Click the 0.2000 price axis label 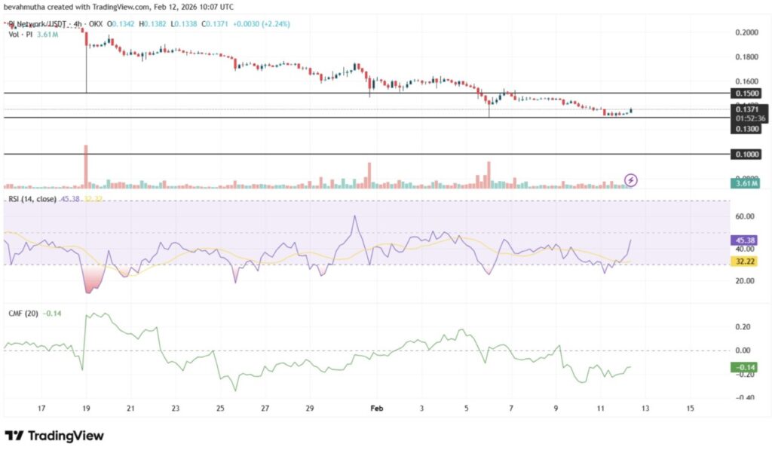tap(746, 32)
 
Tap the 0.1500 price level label tap(746, 93)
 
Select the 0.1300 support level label tap(746, 129)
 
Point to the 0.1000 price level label tap(746, 154)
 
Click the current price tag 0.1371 tap(746, 109)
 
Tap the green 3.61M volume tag tap(746, 183)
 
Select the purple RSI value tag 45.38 tap(746, 240)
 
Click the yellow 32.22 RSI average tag tap(746, 261)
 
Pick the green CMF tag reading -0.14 tap(746, 367)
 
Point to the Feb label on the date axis tap(378, 408)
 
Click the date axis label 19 tap(86, 408)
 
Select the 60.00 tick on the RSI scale tap(745, 217)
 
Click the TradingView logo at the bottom tap(54, 436)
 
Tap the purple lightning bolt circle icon tap(632, 179)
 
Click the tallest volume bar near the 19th tap(86, 166)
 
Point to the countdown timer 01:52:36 tap(746, 118)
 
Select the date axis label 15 tap(690, 408)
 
